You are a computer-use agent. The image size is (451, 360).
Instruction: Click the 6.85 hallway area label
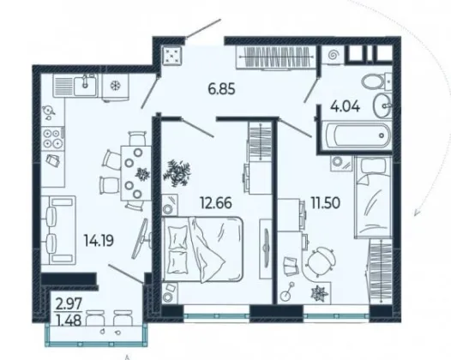pyautogui.click(x=221, y=89)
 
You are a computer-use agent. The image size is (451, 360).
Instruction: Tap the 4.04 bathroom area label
pyautogui.click(x=345, y=107)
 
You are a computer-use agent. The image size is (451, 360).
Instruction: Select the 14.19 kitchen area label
pyautogui.click(x=99, y=240)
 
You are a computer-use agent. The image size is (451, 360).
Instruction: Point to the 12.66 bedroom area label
pyautogui.click(x=216, y=203)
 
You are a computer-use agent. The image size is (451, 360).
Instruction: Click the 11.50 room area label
pyautogui.click(x=326, y=203)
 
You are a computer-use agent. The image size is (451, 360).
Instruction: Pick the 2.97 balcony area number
pyautogui.click(x=69, y=304)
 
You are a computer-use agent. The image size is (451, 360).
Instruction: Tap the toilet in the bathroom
pyautogui.click(x=376, y=81)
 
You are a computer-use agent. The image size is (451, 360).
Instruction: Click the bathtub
pyautogui.click(x=357, y=135)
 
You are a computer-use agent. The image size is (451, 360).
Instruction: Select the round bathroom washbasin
pyautogui.click(x=382, y=105)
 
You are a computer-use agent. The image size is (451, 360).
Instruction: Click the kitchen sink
pyautogui.click(x=86, y=86)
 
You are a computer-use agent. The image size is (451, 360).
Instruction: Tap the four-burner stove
pyautogui.click(x=53, y=139)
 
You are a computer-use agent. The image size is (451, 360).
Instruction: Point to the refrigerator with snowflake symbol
pyautogui.click(x=116, y=87)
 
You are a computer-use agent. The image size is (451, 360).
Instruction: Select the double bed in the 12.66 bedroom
pyautogui.click(x=202, y=249)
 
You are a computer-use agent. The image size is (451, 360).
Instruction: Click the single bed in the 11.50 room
pyautogui.click(x=373, y=197)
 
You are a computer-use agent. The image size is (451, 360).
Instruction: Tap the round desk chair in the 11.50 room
pyautogui.click(x=321, y=262)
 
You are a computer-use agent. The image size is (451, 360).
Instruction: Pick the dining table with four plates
pyautogui.click(x=135, y=173)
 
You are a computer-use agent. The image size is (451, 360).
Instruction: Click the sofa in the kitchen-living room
pyautogui.click(x=58, y=230)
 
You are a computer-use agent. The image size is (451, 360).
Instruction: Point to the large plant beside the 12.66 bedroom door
pyautogui.click(x=177, y=173)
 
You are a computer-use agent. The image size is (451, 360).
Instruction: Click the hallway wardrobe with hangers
pyautogui.click(x=275, y=57)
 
